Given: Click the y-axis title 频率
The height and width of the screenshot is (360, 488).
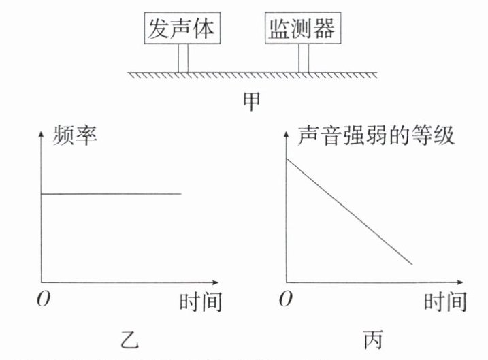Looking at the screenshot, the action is click(76, 135).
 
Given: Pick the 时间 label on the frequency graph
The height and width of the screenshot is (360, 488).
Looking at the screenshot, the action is click(201, 301).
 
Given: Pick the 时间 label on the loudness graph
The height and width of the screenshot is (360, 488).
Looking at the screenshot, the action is click(445, 301).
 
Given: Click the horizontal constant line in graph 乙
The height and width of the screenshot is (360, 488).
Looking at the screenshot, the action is click(112, 194).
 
